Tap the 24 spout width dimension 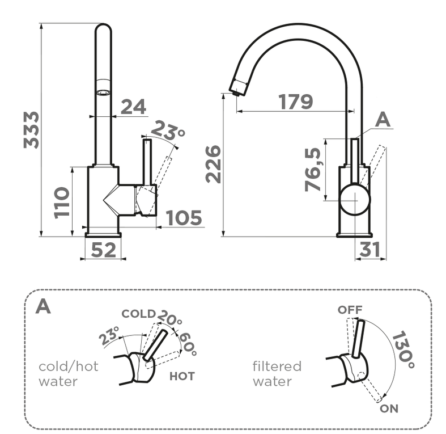pyautogui.click(x=133, y=107)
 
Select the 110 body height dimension pyautogui.click(x=62, y=202)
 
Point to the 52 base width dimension pyautogui.click(x=104, y=249)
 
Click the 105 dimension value pyautogui.click(x=184, y=218)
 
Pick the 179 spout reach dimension pyautogui.click(x=295, y=102)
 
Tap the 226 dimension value pyautogui.click(x=213, y=164)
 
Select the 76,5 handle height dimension pyautogui.click(x=312, y=168)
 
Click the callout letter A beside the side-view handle pyautogui.click(x=384, y=119)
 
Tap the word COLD pyautogui.click(x=138, y=314)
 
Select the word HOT pyautogui.click(x=182, y=376)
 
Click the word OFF pyautogui.click(x=350, y=310)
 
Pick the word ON pyautogui.click(x=389, y=408)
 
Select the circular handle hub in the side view pyautogui.click(x=355, y=199)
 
